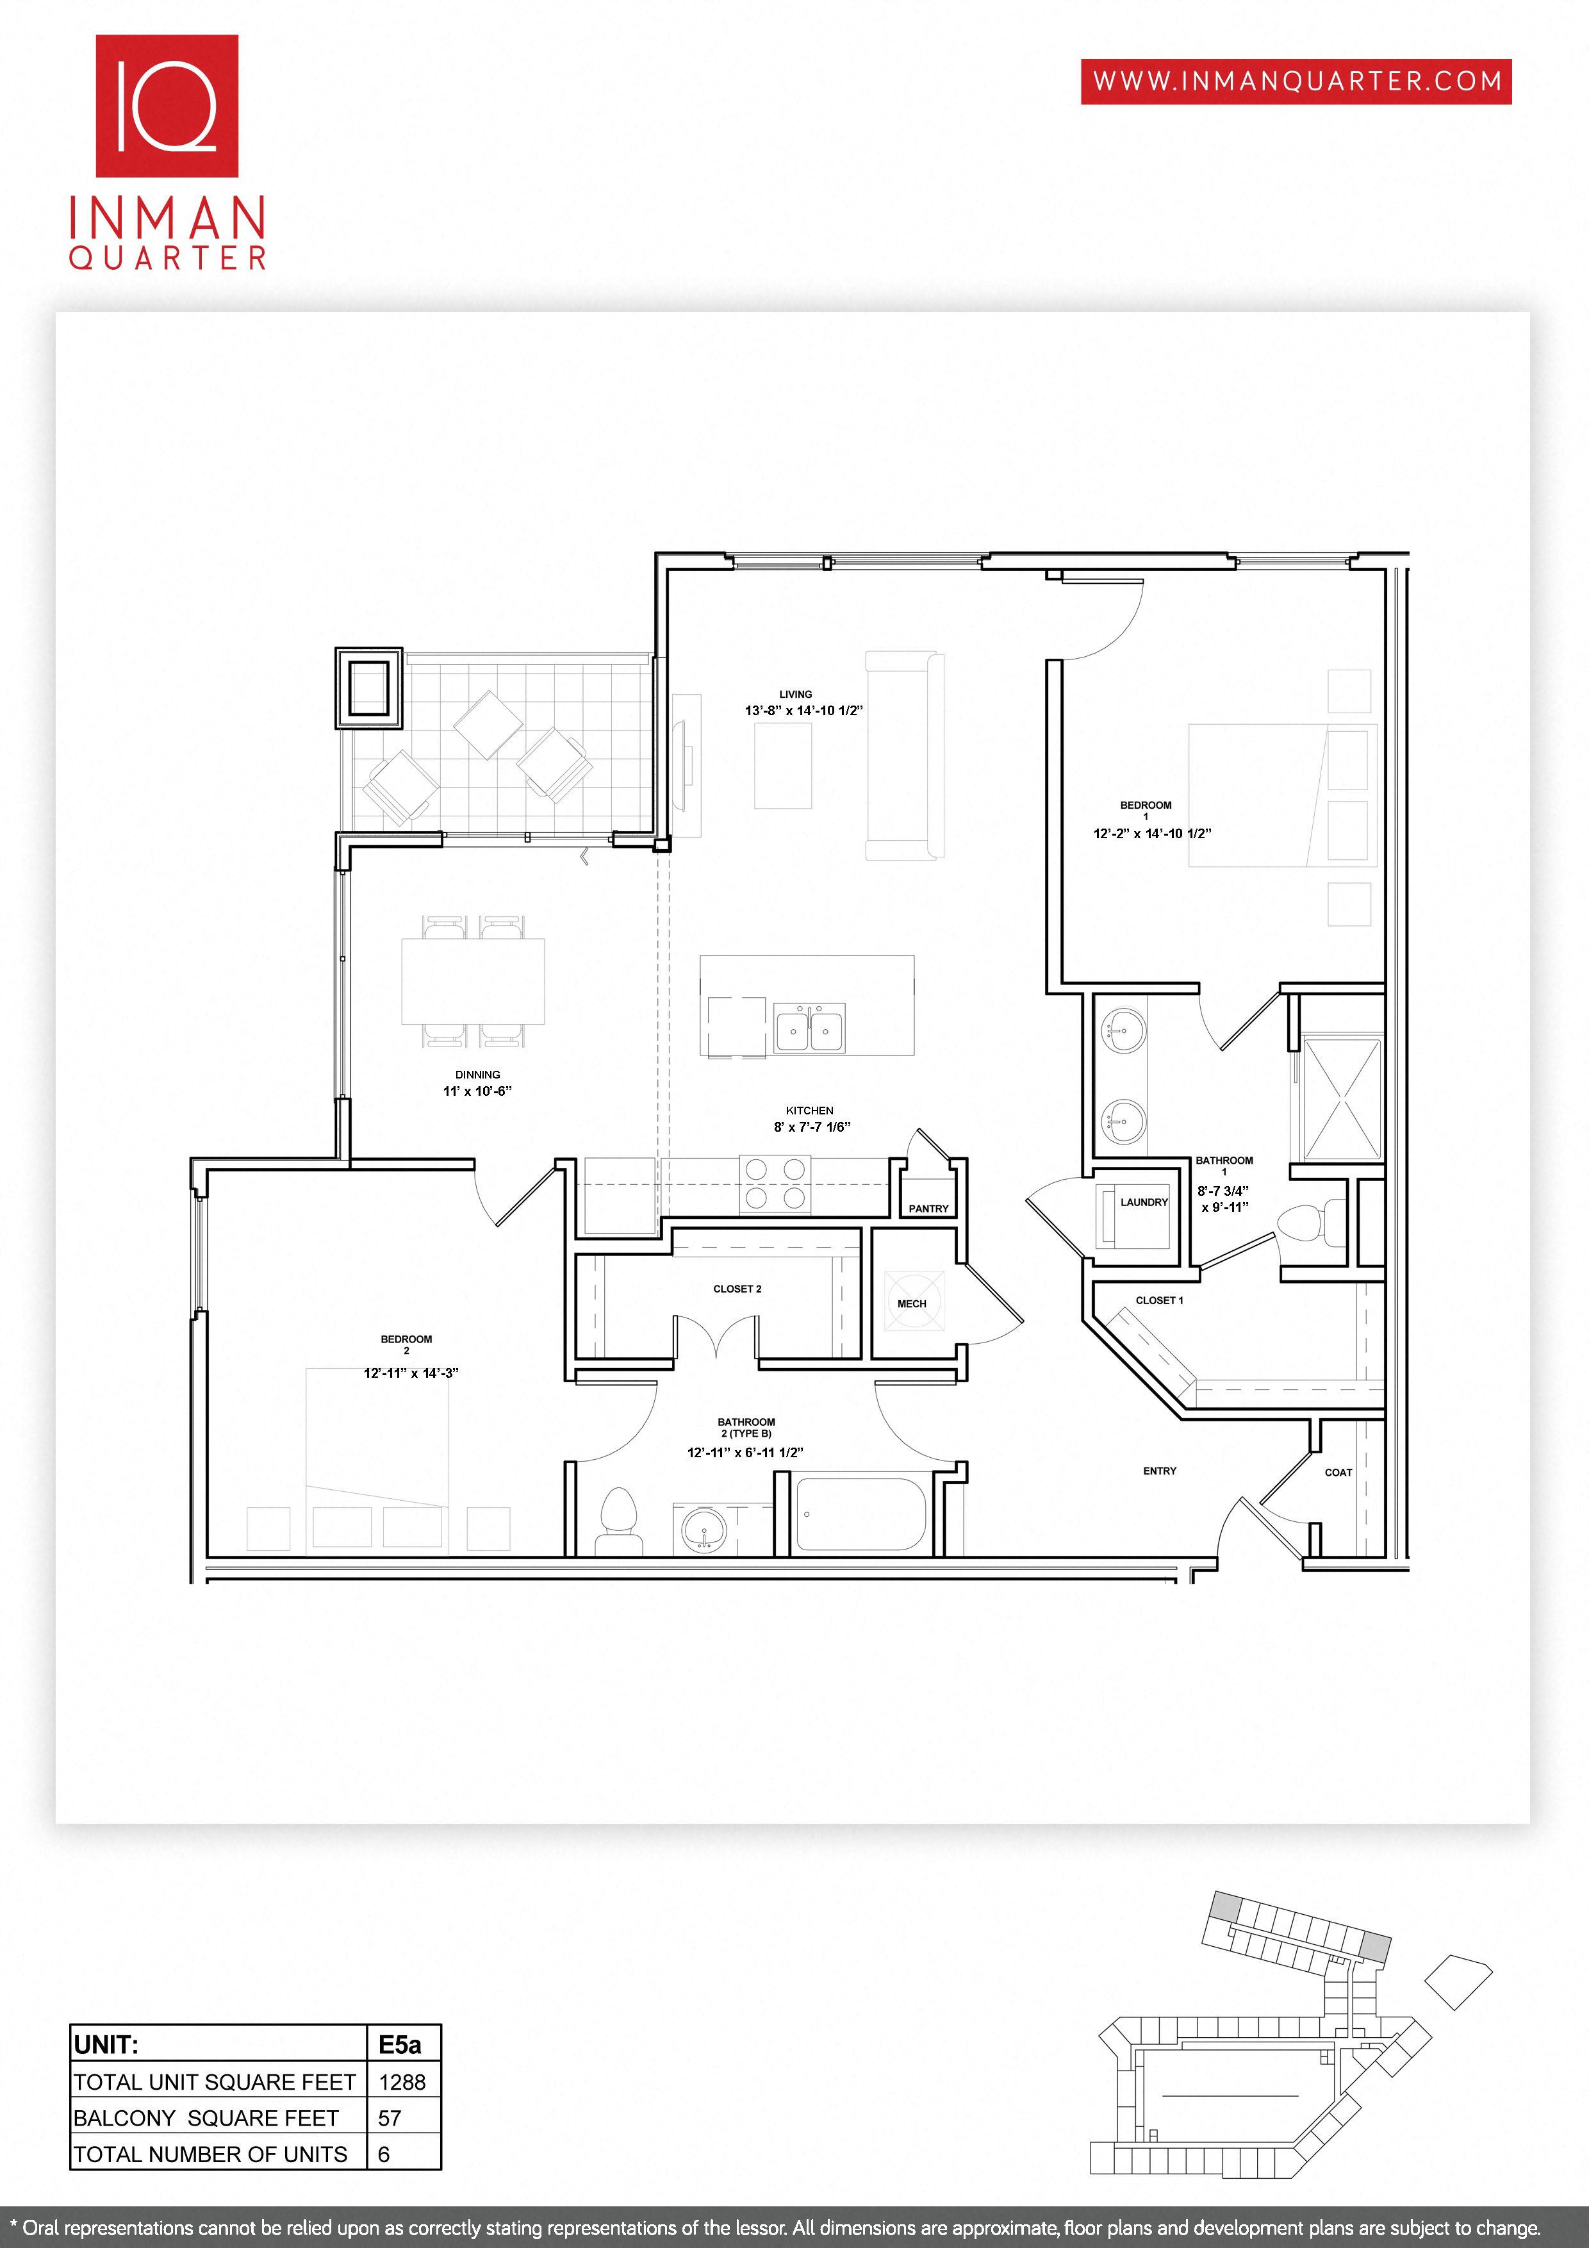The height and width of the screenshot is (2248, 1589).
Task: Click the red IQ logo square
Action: [x=167, y=106]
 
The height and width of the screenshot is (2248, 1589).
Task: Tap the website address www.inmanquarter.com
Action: [x=1296, y=81]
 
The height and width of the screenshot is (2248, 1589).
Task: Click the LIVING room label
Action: [x=795, y=694]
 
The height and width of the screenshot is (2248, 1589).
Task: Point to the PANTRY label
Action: [x=928, y=1208]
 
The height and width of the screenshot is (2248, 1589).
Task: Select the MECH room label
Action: [x=912, y=1303]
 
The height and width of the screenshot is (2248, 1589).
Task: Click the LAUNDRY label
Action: [x=1144, y=1202]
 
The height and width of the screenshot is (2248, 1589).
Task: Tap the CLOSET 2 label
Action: [x=737, y=1289]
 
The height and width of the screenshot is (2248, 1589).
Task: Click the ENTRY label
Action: [x=1159, y=1471]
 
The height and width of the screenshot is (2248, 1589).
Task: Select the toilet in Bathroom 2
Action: [x=618, y=1521]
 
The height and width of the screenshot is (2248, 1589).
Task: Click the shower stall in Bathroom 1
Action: [x=1341, y=1100]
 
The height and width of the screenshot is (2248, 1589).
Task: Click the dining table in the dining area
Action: [x=473, y=981]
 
